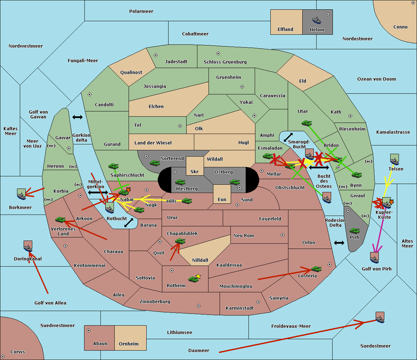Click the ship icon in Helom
pos(317,20)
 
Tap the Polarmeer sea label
pos(141,11)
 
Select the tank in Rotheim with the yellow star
pos(194,278)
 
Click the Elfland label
pos(285,30)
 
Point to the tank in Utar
pos(306,123)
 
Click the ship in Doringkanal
pos(28,246)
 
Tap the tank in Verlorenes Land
pos(60,220)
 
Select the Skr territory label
pos(195,171)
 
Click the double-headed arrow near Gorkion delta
pos(77,117)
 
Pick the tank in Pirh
pos(354,231)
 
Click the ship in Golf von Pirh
pos(374,258)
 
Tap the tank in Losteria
pos(316,269)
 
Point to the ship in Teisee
pos(394,159)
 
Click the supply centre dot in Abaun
pos(89,330)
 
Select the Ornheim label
pos(129,344)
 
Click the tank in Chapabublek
pos(180,241)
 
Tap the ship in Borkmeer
pos(21,194)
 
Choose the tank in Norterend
pos(155,163)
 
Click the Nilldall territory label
pos(200,260)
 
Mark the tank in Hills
pos(187,201)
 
